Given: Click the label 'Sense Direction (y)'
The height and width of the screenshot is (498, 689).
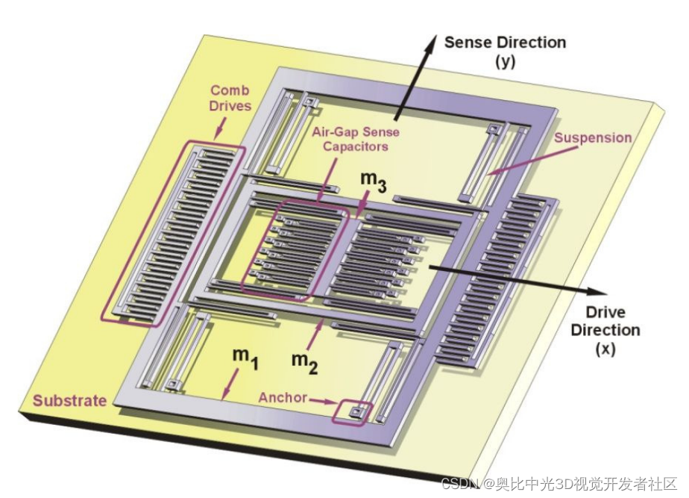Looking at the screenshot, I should [505, 51].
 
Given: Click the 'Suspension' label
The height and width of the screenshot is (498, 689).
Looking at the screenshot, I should [594, 138].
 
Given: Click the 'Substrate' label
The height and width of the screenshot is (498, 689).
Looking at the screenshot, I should [69, 400].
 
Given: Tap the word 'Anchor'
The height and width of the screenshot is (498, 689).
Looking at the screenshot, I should [283, 397].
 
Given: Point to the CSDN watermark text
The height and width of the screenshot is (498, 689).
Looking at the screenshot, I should [559, 484].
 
